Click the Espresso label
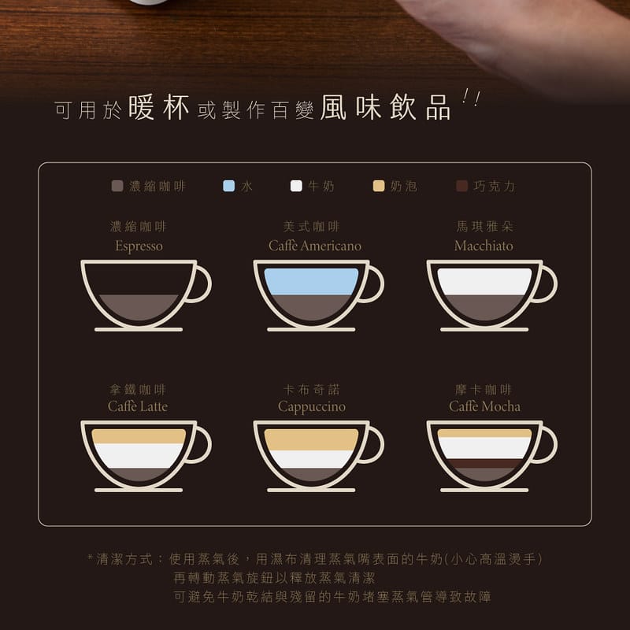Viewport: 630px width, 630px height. coord(139,246)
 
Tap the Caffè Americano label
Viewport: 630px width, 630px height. coord(314,246)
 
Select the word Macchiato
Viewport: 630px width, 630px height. coord(484,246)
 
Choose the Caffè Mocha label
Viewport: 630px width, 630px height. coord(484,406)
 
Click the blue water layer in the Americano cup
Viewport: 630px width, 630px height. coord(311,281)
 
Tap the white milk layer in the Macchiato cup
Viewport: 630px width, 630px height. coord(484,281)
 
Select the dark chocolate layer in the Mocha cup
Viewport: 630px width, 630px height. coord(484,463)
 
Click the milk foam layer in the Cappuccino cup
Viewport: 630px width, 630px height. coord(311,439)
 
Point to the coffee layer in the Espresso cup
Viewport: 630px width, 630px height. coord(139,306)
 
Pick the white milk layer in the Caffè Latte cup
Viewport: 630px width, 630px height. coord(139,455)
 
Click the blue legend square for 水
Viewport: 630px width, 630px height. coord(229,187)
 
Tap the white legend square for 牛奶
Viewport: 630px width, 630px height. coord(296,187)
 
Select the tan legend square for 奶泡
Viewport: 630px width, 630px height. coord(379,187)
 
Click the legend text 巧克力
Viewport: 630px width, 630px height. coord(495,187)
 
